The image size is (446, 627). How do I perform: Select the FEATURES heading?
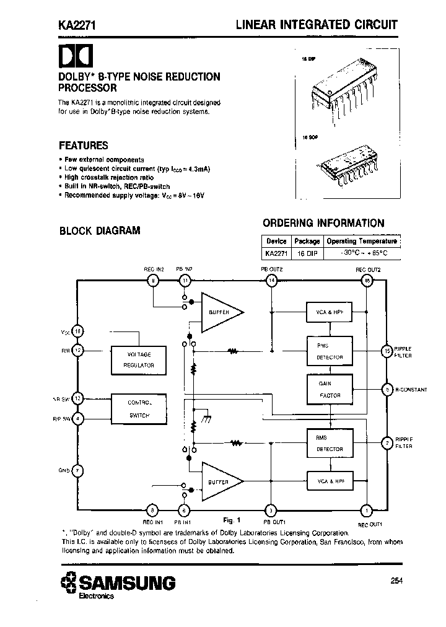[x=83, y=146]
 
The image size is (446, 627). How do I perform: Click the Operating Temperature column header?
[x=361, y=241]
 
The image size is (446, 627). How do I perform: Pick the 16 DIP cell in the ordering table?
[x=307, y=254]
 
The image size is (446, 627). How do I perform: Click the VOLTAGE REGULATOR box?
[x=139, y=359]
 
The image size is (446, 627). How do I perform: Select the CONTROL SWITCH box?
[x=139, y=409]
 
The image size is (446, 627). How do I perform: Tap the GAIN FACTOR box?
[x=329, y=389]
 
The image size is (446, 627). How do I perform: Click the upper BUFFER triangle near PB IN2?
[x=221, y=312]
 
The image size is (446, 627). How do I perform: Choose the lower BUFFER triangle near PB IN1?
[x=221, y=481]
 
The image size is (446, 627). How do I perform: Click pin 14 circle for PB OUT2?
[x=271, y=281]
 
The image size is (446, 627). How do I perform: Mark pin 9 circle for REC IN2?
[x=154, y=281]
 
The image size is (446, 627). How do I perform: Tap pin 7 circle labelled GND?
[x=77, y=470]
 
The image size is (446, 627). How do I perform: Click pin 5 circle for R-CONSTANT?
[x=387, y=390]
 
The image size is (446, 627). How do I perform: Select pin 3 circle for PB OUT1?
[x=271, y=511]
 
